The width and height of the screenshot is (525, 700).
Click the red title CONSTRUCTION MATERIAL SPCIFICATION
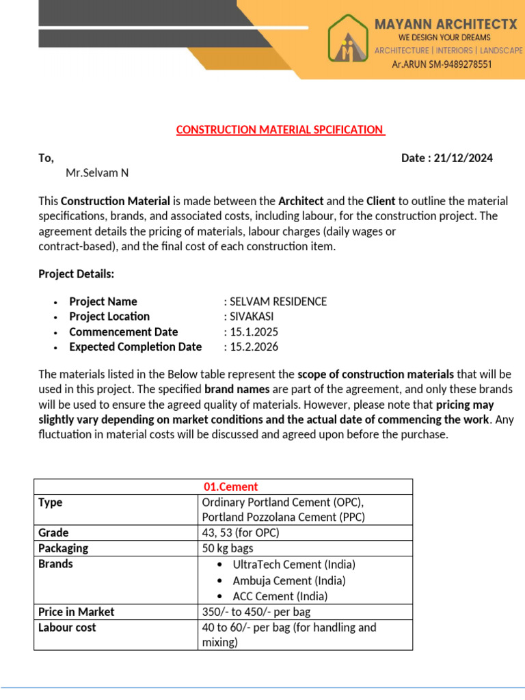280,129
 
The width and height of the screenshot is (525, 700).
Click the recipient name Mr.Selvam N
97,173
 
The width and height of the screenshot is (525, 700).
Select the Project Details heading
77,274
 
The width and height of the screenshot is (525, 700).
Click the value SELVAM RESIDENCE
278,301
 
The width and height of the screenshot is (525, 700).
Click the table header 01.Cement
231,487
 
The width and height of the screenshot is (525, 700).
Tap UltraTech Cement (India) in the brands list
294,565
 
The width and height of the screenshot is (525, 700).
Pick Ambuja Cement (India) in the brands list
289,580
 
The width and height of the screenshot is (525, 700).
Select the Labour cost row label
67,628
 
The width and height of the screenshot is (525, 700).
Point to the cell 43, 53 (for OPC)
240,533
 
